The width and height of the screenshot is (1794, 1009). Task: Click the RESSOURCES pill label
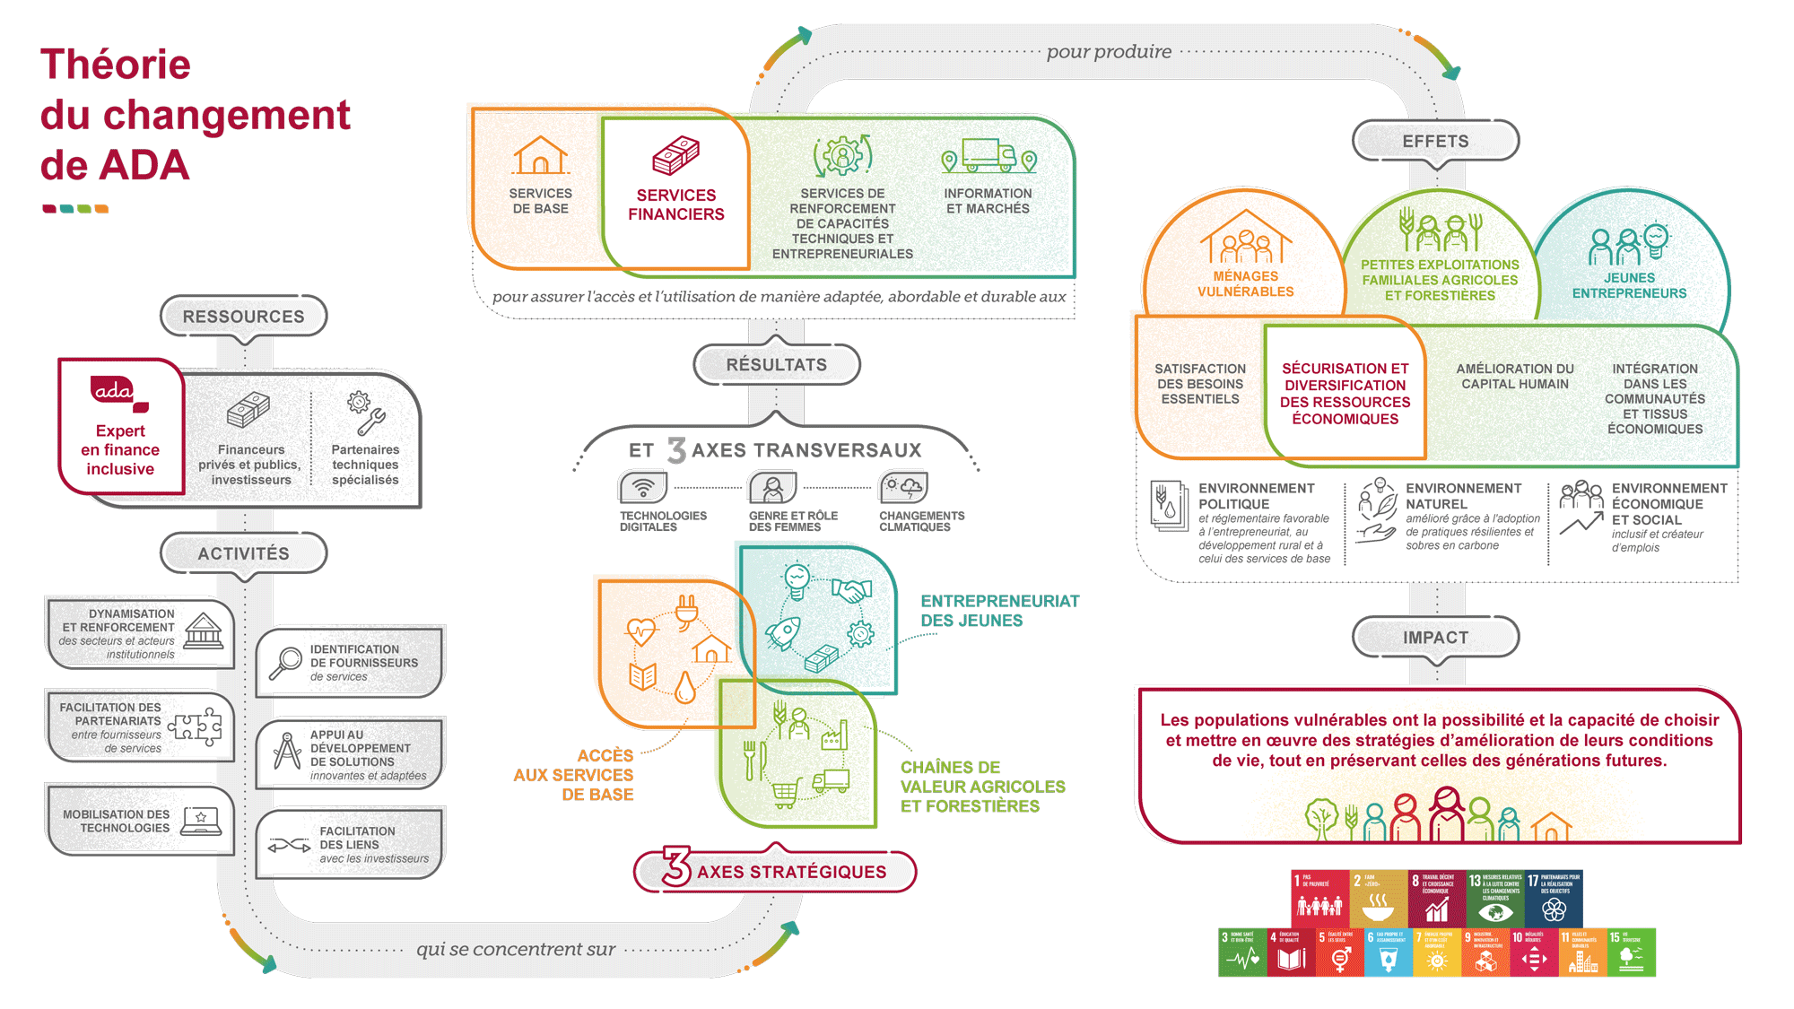(243, 317)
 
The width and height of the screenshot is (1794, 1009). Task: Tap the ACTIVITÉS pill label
(243, 553)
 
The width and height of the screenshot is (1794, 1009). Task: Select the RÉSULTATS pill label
(777, 365)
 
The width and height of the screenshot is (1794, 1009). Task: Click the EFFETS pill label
(1435, 142)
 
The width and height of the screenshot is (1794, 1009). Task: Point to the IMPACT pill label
(1435, 638)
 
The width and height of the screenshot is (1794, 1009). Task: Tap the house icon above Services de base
(540, 155)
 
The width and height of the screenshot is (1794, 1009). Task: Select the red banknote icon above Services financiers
(675, 156)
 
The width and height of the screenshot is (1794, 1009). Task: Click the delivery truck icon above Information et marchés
(988, 155)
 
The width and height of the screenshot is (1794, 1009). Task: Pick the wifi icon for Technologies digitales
(642, 488)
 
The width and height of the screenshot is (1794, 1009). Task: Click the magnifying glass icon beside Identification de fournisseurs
(285, 664)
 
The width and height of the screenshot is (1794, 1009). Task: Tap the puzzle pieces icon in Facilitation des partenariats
(196, 726)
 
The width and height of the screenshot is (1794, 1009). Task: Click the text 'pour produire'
(1109, 52)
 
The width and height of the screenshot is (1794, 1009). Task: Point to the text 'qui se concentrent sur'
(516, 949)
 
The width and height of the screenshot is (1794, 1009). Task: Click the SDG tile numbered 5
(1339, 952)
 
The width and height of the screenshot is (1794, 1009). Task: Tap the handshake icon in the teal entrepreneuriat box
(851, 589)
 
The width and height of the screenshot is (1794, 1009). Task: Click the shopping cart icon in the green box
(785, 792)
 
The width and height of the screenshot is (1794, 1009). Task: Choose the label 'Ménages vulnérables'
(1245, 284)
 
